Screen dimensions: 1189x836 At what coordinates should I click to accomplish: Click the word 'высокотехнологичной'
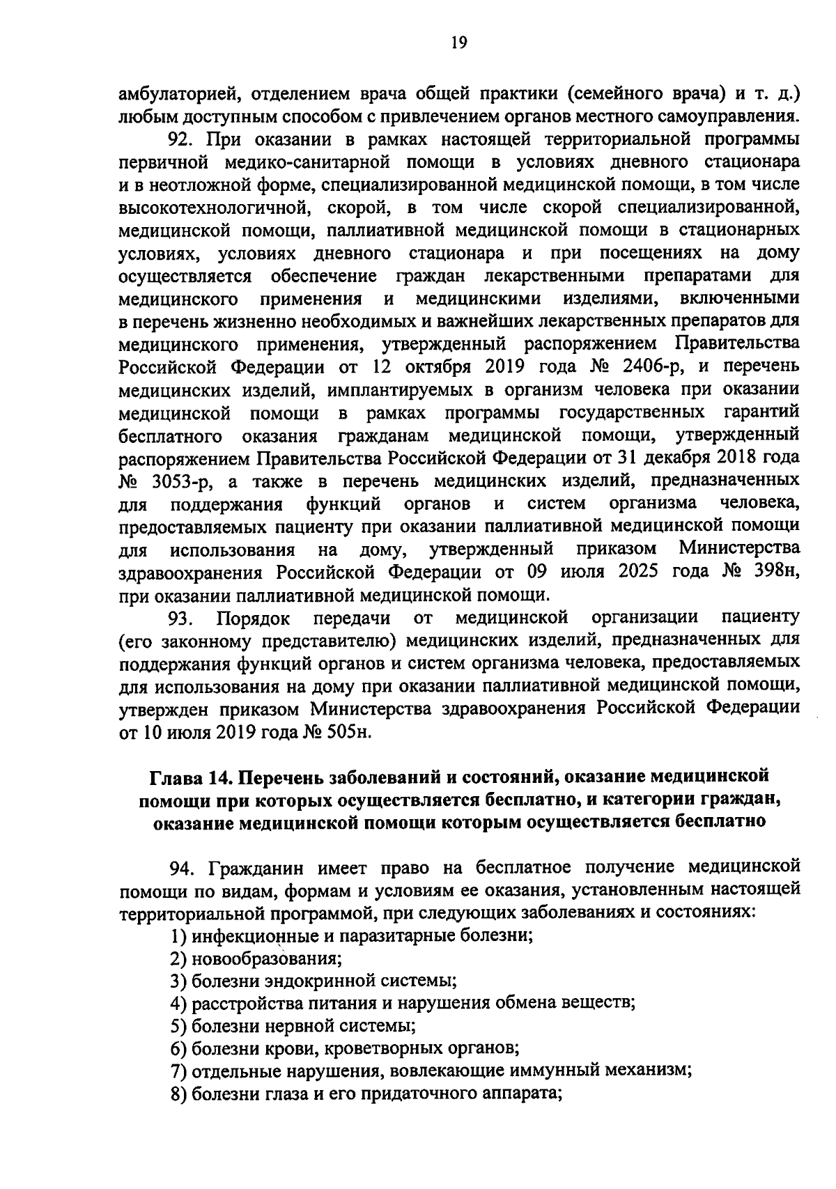click(211, 208)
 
